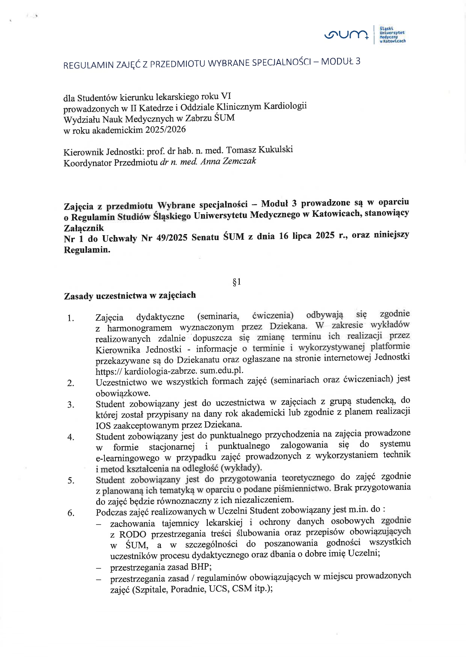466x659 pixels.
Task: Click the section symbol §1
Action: pyautogui.click(x=237, y=282)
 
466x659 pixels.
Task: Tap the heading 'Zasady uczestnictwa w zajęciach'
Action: pyautogui.click(x=130, y=296)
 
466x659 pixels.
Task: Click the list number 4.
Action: pyautogui.click(x=71, y=437)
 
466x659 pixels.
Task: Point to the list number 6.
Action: pyautogui.click(x=71, y=512)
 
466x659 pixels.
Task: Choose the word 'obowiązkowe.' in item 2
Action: pyautogui.click(x=123, y=393)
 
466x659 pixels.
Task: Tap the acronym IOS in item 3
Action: pyautogui.click(x=103, y=426)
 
